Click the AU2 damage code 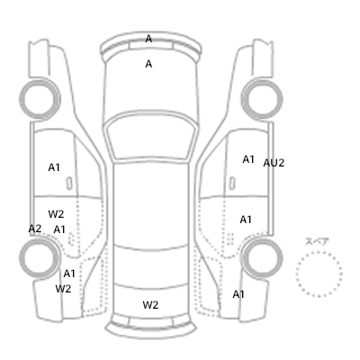(274, 163)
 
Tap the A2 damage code (35, 229)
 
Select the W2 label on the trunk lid (150, 305)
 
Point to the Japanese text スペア (317, 241)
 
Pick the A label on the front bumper (148, 39)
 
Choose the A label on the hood (148, 64)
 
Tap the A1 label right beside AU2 (248, 159)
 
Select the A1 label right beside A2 (59, 229)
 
